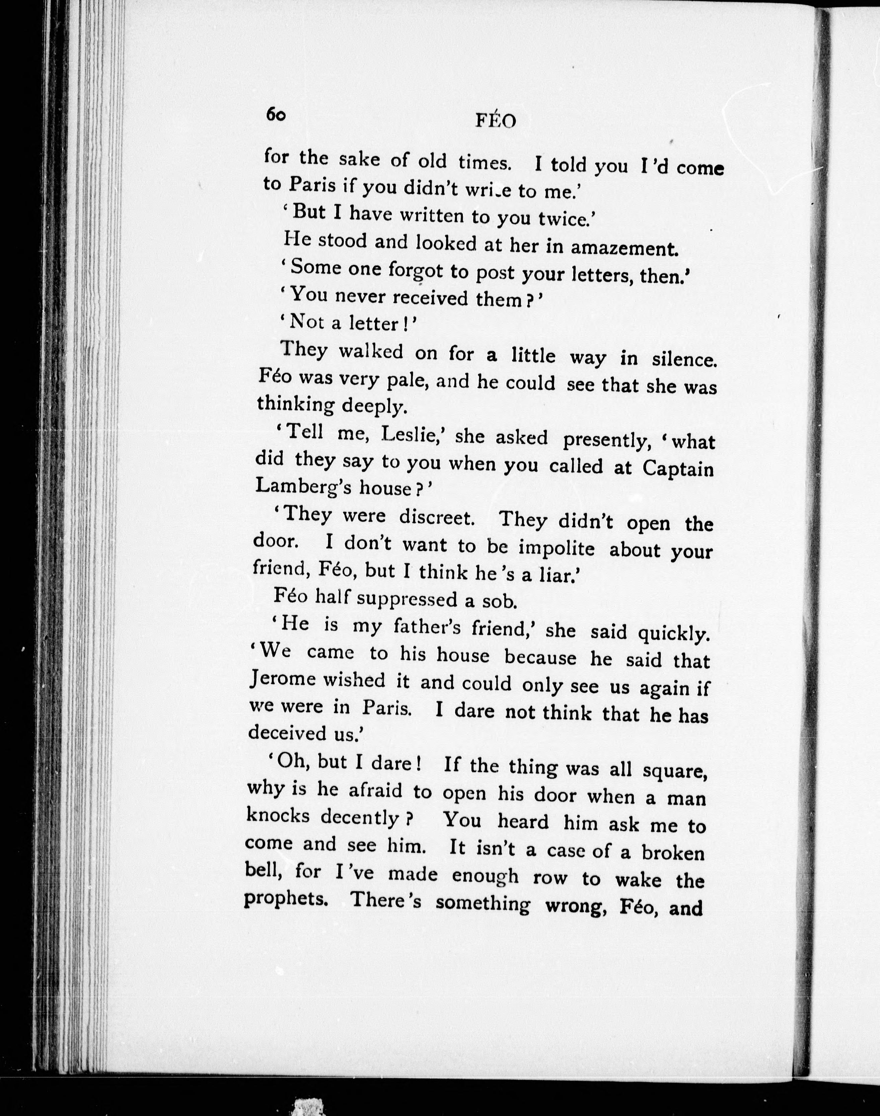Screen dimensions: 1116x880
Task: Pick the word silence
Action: click(684, 359)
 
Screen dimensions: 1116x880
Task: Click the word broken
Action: click(672, 853)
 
